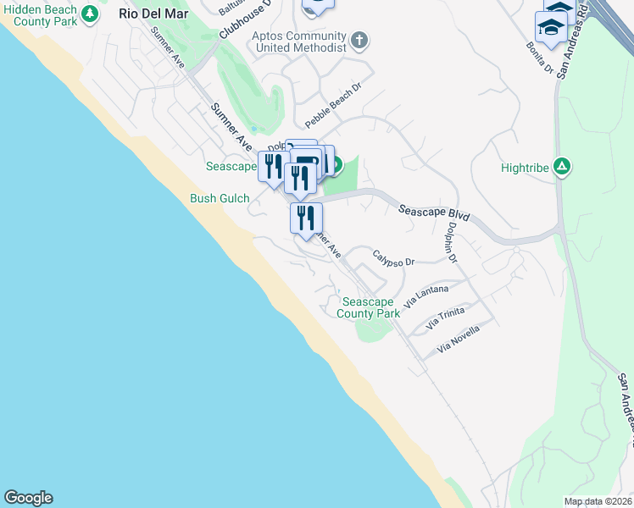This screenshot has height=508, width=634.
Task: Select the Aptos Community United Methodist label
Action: click(299, 42)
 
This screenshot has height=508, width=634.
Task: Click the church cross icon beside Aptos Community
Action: click(359, 41)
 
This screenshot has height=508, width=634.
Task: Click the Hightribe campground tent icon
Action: click(560, 167)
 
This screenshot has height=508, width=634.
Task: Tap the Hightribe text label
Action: click(521, 168)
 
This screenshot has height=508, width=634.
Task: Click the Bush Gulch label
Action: click(219, 199)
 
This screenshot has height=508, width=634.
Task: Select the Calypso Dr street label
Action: click(392, 257)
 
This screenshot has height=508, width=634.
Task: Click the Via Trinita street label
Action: click(445, 317)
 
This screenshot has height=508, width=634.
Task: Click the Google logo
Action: click(28, 498)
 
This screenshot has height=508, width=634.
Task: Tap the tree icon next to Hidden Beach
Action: click(87, 13)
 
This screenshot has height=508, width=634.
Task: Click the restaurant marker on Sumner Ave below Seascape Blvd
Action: click(306, 217)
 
